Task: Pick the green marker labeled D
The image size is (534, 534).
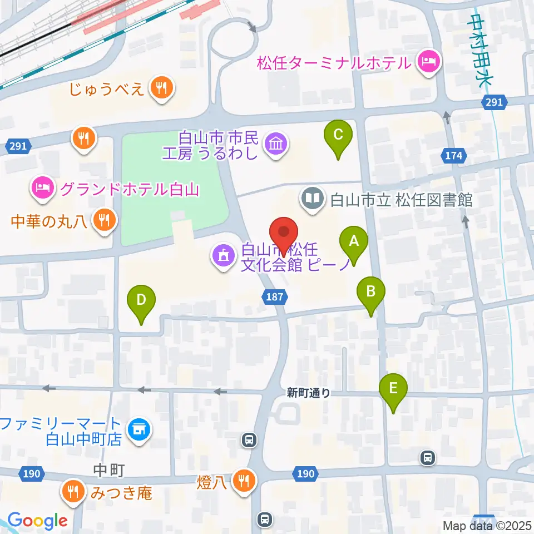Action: coord(141,300)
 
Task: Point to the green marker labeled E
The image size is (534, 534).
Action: coord(393,388)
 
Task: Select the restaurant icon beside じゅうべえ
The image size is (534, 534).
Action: coord(161,87)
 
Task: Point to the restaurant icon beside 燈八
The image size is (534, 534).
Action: coord(243,478)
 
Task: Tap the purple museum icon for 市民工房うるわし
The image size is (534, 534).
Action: coord(276,144)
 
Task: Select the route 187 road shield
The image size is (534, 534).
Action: coord(276,298)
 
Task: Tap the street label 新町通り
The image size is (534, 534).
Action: coord(309,393)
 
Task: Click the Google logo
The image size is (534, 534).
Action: coord(38,521)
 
